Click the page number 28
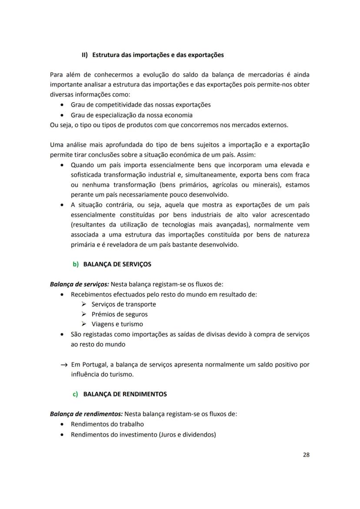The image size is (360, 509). [306, 455]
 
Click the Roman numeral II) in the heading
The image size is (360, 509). [85, 55]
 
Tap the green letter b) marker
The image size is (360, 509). [76, 264]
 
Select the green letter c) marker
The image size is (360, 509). [75, 394]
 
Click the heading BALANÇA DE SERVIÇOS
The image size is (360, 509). [117, 264]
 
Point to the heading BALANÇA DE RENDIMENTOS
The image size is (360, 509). [125, 394]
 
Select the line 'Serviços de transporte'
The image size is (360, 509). [123, 304]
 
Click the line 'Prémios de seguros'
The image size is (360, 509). [120, 314]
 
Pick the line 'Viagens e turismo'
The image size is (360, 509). [117, 324]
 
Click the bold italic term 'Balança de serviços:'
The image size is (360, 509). [80, 284]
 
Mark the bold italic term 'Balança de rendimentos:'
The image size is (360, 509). [86, 414]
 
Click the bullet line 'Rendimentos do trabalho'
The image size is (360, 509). [107, 424]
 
